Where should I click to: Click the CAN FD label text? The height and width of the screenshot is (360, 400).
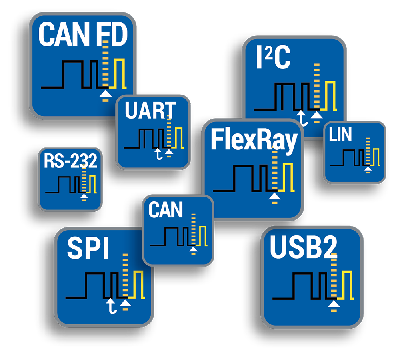(82, 35)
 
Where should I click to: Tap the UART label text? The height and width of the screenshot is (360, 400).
(150, 111)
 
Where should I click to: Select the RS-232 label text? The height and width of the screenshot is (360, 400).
(70, 161)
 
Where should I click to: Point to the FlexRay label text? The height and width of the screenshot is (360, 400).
(254, 140)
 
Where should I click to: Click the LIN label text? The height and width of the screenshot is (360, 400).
(340, 135)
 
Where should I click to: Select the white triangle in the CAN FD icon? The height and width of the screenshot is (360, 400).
(105, 93)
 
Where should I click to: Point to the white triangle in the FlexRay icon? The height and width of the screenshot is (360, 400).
(274, 195)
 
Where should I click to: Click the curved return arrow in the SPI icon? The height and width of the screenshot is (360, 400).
(112, 307)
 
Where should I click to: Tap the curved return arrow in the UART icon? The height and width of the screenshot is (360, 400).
(160, 154)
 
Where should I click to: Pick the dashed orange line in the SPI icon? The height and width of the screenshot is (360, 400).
(126, 276)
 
